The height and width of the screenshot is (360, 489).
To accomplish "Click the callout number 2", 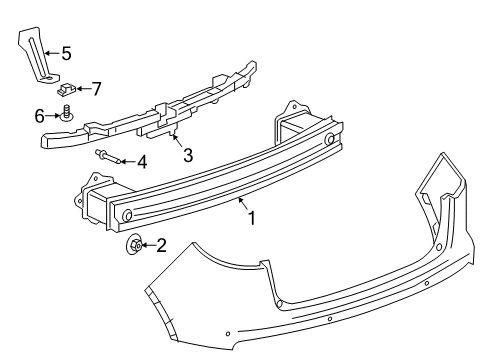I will [x=159, y=243].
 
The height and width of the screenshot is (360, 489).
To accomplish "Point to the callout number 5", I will [x=65, y=52].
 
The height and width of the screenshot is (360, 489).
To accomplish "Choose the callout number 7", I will [x=96, y=88].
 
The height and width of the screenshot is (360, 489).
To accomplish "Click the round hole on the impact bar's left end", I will [x=127, y=213].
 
